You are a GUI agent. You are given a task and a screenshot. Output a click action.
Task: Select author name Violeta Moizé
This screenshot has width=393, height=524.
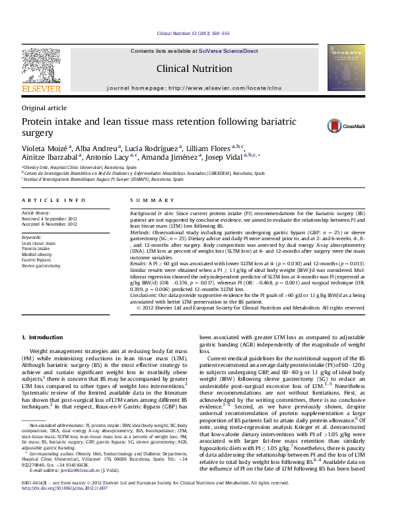point(45,148)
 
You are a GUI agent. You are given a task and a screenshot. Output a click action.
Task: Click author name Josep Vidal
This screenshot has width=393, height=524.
point(225,158)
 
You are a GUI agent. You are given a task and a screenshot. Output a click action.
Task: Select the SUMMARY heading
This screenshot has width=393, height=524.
point(143,200)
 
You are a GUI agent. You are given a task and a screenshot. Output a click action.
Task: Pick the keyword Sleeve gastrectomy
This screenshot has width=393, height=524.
point(43,265)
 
